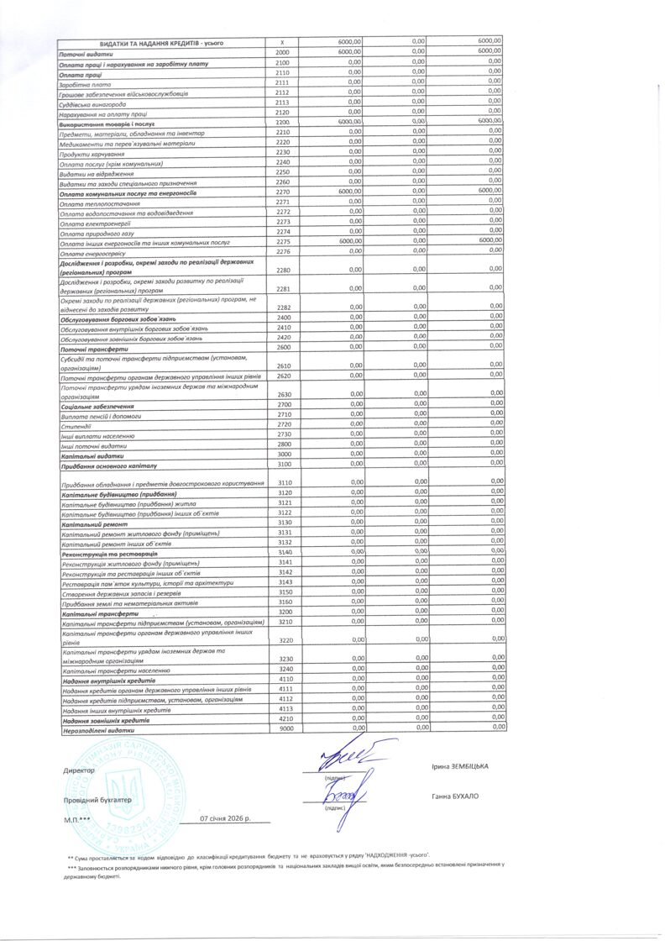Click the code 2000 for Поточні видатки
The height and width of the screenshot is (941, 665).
282,52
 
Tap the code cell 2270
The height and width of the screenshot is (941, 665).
282,192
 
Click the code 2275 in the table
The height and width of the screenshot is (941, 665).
282,242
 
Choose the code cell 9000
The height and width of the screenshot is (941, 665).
285,728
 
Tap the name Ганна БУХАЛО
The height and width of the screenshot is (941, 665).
455,796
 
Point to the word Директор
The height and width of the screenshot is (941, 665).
79,770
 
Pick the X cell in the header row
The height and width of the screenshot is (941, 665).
282,42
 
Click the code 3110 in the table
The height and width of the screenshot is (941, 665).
285,482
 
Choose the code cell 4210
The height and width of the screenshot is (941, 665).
285,718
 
